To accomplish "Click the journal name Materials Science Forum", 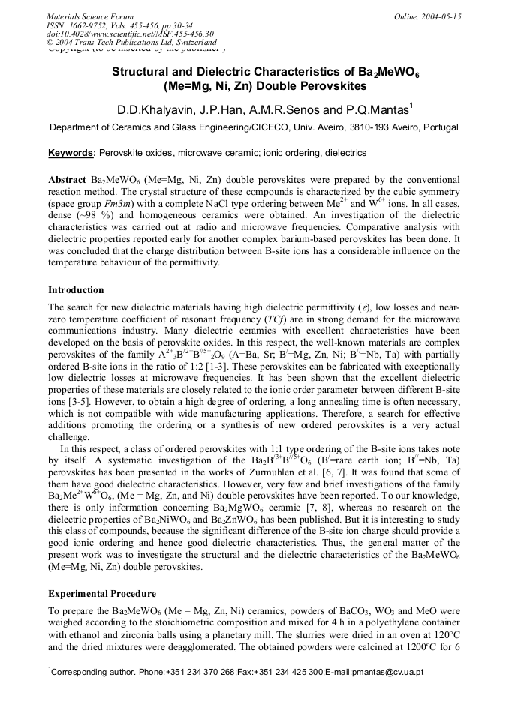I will [90, 16].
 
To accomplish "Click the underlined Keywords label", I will [71, 153].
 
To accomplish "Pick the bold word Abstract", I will [68, 181].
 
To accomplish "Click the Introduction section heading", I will [76, 290].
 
